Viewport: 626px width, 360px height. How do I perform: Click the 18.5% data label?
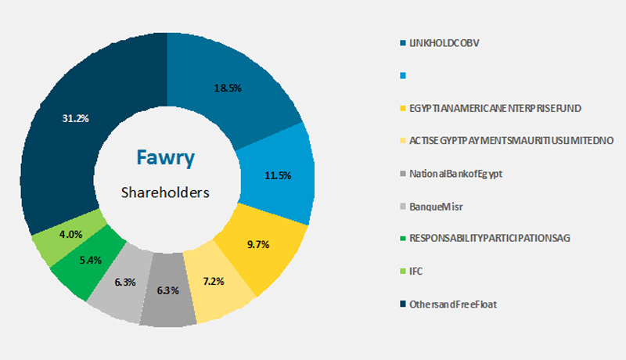228,88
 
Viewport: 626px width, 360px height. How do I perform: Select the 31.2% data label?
75,118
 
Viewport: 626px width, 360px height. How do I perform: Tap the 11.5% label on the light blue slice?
278,176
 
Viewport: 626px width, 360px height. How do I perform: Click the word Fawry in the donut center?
167,157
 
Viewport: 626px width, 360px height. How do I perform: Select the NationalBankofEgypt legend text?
456,173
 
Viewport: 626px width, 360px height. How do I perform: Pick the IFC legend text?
417,271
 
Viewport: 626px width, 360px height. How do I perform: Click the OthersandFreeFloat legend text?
453,304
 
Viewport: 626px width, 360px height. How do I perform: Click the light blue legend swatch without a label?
402,76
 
